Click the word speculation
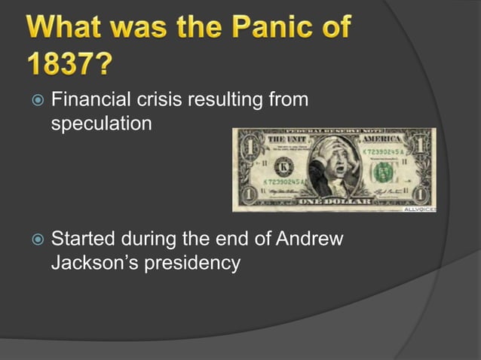[101, 123]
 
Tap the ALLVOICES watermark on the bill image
[419, 208]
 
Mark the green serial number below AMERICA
[384, 152]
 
